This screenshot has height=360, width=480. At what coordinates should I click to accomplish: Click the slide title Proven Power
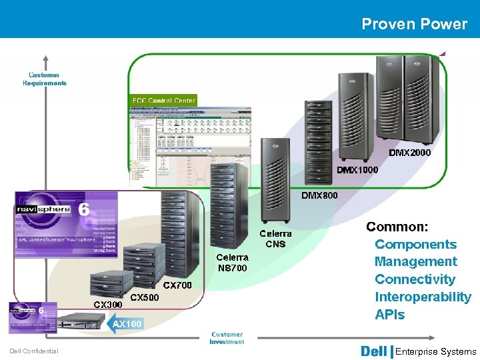(x=414, y=24)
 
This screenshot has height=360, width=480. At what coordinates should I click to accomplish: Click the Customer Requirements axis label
(x=45, y=79)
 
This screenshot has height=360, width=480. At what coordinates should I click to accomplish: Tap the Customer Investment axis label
(x=227, y=338)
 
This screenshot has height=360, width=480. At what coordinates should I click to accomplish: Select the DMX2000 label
(x=410, y=153)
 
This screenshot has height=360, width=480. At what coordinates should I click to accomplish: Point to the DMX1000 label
(x=357, y=170)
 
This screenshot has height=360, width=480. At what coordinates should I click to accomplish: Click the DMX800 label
(x=319, y=195)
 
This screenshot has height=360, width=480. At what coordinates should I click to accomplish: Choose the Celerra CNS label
(x=275, y=239)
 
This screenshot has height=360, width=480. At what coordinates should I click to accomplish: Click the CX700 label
(x=177, y=285)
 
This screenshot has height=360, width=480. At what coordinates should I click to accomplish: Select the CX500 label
(x=144, y=297)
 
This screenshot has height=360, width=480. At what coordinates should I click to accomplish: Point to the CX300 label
(x=107, y=305)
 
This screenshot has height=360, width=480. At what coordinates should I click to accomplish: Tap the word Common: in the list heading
(x=397, y=227)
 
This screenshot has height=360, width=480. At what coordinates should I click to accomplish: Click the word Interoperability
(x=423, y=297)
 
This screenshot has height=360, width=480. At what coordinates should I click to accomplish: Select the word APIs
(x=389, y=315)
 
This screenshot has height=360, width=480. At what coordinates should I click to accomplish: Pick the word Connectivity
(x=415, y=279)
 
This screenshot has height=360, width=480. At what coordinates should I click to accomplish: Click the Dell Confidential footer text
(x=34, y=351)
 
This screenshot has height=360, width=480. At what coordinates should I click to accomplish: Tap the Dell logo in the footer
(x=373, y=351)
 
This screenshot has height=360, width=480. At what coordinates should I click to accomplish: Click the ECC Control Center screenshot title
(x=164, y=101)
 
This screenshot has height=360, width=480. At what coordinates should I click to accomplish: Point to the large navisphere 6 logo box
(x=66, y=216)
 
